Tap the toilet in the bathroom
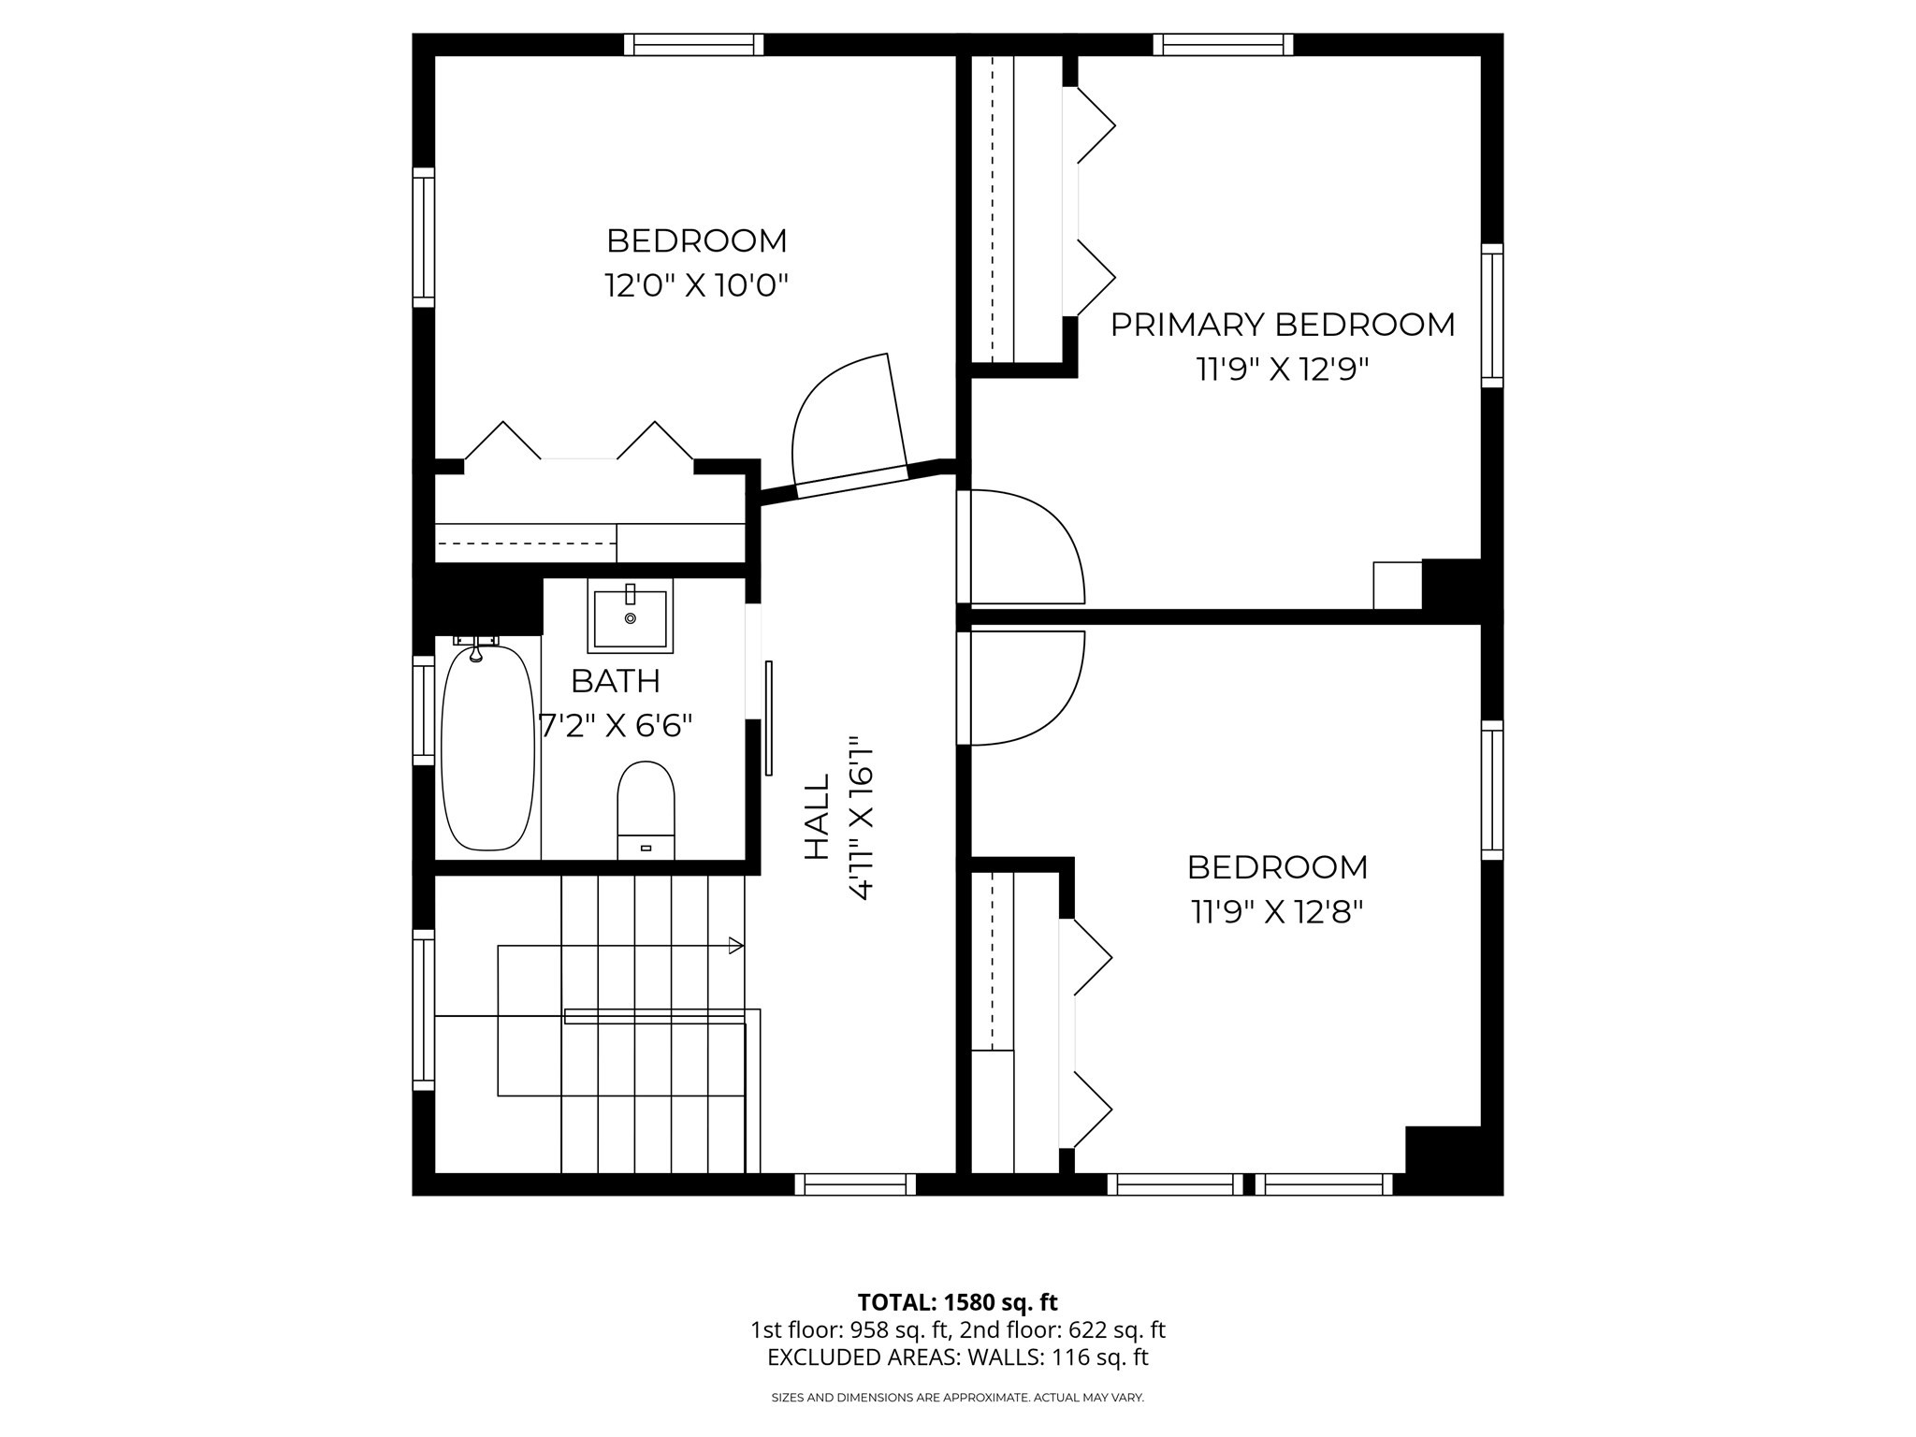(x=646, y=810)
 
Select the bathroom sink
(x=630, y=617)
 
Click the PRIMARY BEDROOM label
(x=1282, y=325)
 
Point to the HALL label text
(x=817, y=816)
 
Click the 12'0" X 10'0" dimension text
(x=696, y=285)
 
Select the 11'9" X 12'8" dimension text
(x=1277, y=911)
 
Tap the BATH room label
(x=615, y=681)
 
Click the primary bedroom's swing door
(x=1024, y=547)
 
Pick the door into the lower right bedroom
(x=1024, y=688)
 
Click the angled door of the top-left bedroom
(x=847, y=426)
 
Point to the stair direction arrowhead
(x=736, y=946)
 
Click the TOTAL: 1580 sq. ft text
(x=957, y=1302)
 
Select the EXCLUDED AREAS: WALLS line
(x=957, y=1357)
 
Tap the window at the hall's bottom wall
(x=855, y=1184)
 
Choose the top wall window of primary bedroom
(x=1223, y=44)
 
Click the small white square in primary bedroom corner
(x=1397, y=585)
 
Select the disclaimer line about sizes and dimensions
(x=957, y=1398)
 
